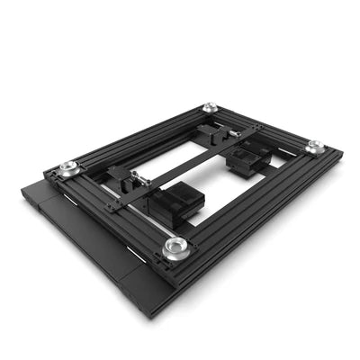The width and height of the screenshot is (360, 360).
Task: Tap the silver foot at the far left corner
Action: pyautogui.click(x=67, y=168)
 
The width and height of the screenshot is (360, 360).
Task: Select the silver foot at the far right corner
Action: pyautogui.click(x=314, y=146)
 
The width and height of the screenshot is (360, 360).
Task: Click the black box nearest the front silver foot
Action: pyautogui.click(x=176, y=206)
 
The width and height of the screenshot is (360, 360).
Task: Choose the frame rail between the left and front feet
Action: pyautogui.click(x=117, y=211)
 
